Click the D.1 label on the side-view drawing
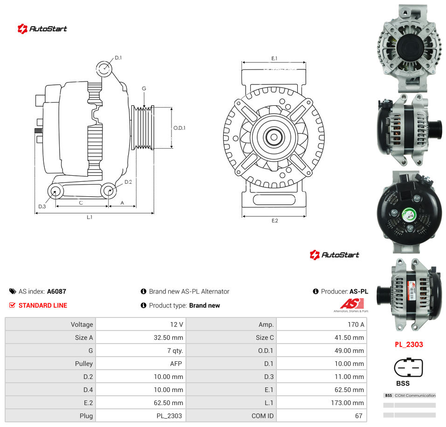118,58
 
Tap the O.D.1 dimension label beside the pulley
179,128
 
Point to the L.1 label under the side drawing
89,217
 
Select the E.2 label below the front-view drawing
275,221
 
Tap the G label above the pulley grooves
144,89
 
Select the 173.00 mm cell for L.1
347,403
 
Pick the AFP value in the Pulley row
176,364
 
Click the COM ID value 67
359,416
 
